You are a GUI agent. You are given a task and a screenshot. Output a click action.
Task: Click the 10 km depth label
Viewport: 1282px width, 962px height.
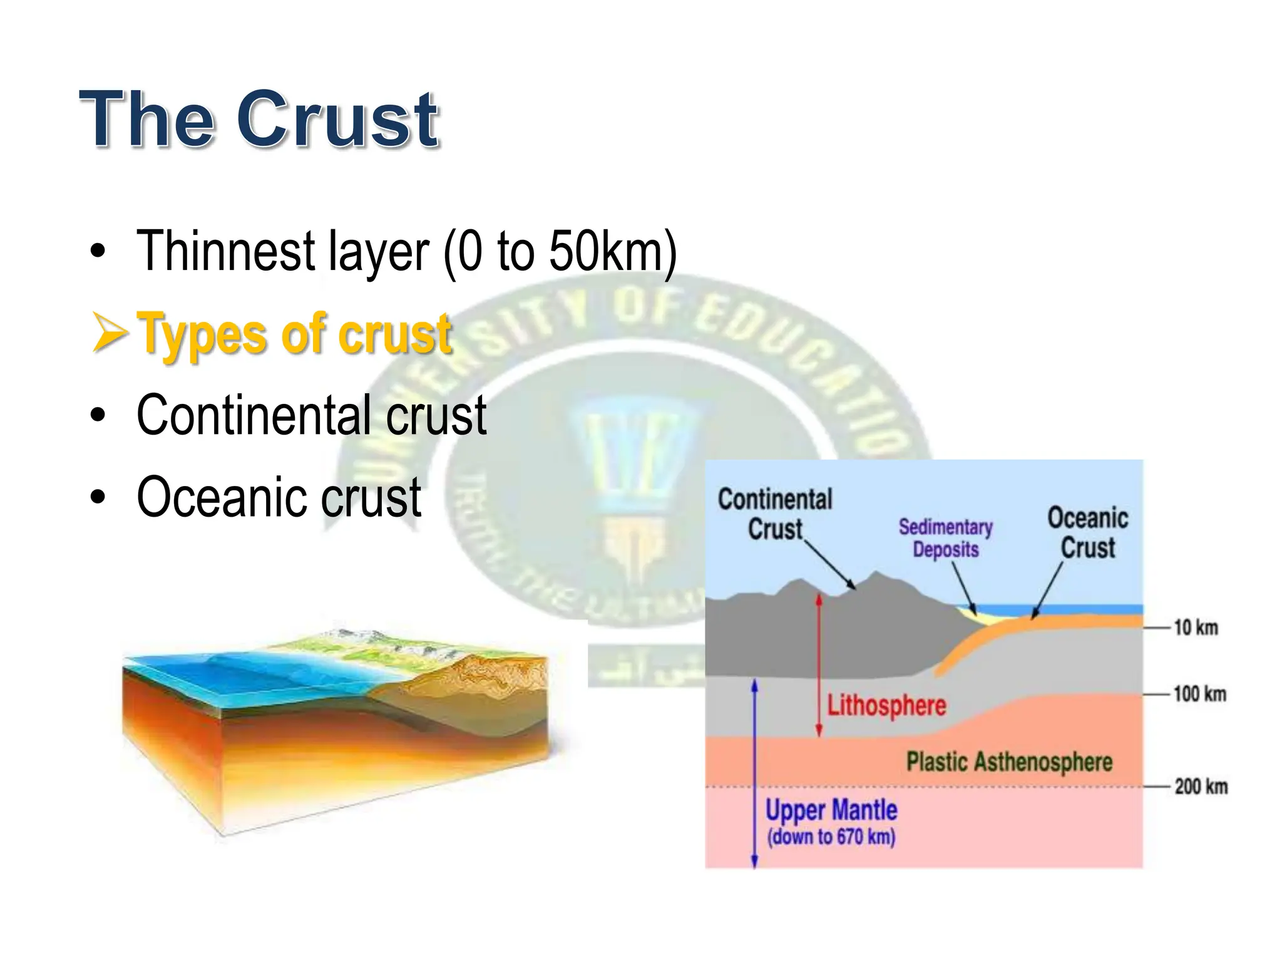(1196, 627)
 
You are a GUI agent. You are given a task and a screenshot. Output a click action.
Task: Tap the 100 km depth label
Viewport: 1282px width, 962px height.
(1199, 694)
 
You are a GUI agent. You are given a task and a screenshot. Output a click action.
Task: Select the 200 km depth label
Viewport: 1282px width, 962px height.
(1201, 786)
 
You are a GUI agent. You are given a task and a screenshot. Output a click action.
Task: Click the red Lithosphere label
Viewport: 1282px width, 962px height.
(886, 705)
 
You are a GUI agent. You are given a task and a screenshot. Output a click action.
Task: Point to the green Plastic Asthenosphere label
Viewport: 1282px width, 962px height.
(1009, 762)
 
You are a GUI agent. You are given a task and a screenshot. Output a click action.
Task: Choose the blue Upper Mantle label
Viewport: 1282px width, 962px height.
(831, 810)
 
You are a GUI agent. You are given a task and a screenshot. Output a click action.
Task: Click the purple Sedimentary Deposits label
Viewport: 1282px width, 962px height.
(945, 537)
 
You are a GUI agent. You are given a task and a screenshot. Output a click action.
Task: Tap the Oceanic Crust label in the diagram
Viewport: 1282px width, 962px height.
(1088, 532)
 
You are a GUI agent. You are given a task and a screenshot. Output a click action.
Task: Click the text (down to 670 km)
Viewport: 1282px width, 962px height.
(831, 837)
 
